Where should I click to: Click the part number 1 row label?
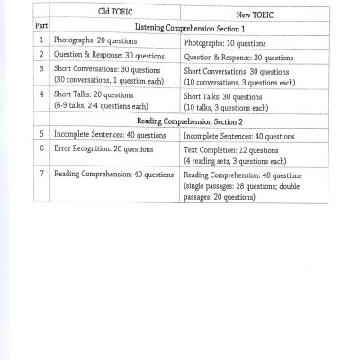[41, 40]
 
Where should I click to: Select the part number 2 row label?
[41, 55]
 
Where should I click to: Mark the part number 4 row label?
[41, 94]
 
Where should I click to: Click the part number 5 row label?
[41, 134]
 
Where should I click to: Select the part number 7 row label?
[41, 172]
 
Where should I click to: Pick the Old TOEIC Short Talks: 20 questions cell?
[94, 94]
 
